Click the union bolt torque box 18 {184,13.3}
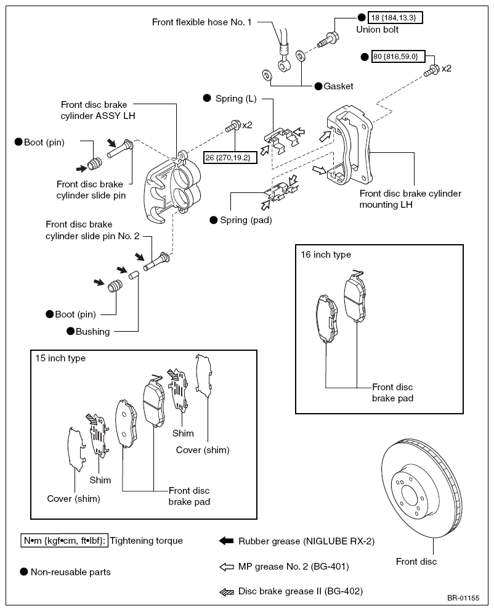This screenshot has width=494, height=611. click(x=395, y=17)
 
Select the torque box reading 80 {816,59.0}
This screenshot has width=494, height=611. click(x=398, y=57)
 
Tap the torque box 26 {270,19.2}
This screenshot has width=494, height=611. click(x=230, y=157)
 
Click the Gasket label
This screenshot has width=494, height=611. click(x=338, y=86)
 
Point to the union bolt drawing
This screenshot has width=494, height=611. click(x=328, y=39)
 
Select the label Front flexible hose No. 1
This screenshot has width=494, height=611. click(x=201, y=22)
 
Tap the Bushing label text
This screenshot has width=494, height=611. click(x=92, y=332)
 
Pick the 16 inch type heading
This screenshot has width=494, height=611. click(x=326, y=255)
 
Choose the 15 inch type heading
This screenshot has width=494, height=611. click(x=60, y=358)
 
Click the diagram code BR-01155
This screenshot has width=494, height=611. click(x=463, y=598)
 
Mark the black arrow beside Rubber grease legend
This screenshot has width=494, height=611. click(x=226, y=541)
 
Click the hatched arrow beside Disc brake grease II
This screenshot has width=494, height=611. click(x=227, y=593)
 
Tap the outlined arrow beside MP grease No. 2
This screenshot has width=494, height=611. click(x=227, y=567)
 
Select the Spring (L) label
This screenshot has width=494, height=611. click(x=236, y=99)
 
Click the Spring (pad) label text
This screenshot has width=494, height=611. click(x=246, y=220)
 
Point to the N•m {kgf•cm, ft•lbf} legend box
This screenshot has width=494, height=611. click(x=65, y=541)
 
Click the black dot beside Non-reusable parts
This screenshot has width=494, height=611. click(x=24, y=572)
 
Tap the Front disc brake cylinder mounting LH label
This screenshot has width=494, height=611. click(x=410, y=199)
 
